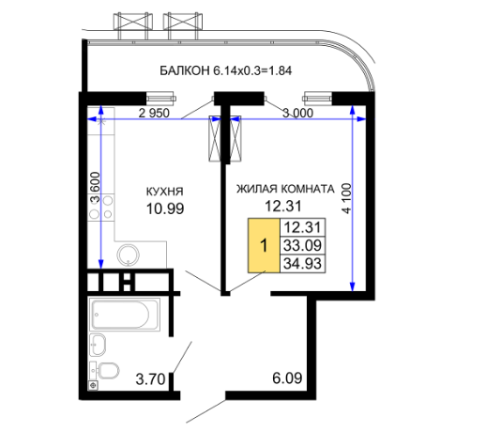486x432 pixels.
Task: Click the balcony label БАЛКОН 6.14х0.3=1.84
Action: (225, 70)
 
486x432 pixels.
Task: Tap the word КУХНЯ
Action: (165, 192)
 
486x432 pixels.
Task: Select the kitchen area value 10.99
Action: (165, 208)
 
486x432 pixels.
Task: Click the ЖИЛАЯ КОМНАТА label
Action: (285, 189)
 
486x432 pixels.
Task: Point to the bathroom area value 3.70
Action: (150, 379)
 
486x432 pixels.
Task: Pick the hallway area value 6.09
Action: (287, 378)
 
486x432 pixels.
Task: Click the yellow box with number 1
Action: (264, 245)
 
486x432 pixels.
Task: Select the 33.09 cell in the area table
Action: (303, 245)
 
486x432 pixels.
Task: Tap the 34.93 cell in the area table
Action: (303, 264)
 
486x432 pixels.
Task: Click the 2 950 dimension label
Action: (154, 113)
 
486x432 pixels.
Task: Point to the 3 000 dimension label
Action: (297, 113)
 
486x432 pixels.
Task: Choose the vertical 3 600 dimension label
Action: (95, 187)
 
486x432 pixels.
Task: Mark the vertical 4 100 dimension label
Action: (347, 198)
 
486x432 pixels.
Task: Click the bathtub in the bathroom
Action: (125, 315)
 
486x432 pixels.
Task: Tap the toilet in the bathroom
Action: (105, 370)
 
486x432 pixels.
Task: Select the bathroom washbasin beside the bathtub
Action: (98, 345)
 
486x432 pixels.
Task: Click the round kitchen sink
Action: (129, 255)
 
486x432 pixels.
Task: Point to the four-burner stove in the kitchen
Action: (101, 207)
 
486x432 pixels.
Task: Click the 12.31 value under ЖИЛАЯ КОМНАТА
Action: (283, 206)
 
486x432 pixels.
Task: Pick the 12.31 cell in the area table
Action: (303, 227)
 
